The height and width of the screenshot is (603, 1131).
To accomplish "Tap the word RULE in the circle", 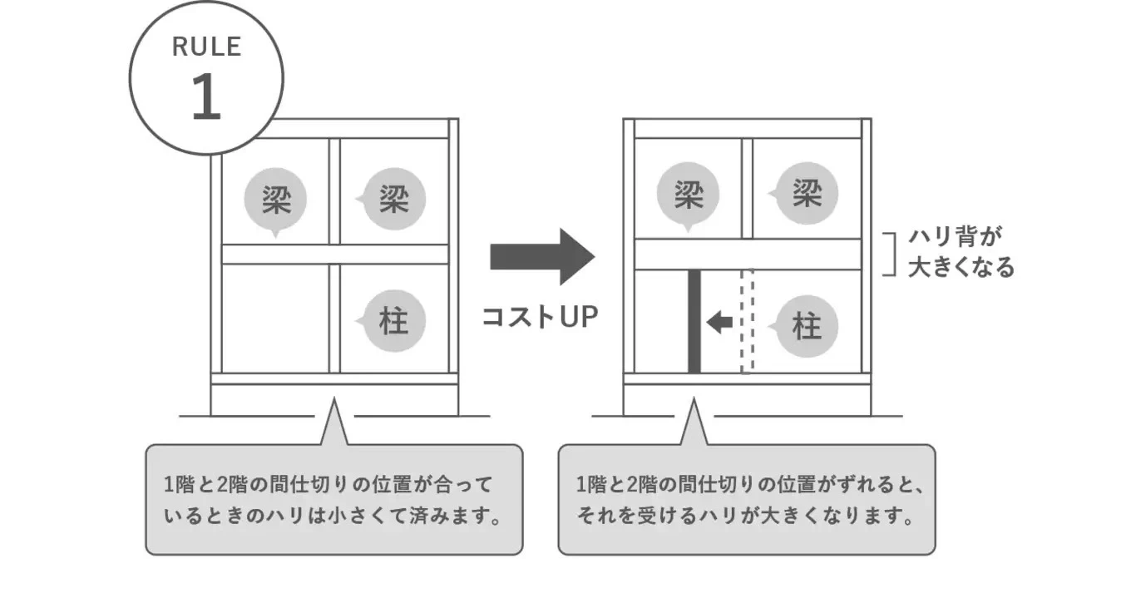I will click(x=206, y=47).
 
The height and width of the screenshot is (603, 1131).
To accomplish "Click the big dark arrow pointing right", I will click(x=541, y=256).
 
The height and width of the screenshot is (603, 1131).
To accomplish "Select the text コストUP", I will click(x=540, y=317).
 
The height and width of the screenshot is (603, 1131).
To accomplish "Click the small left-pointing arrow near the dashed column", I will click(x=719, y=322).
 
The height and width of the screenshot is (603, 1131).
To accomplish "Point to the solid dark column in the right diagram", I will click(x=694, y=321).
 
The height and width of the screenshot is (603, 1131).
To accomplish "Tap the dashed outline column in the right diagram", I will click(x=747, y=321).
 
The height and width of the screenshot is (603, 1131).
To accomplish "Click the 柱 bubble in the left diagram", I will click(x=393, y=321).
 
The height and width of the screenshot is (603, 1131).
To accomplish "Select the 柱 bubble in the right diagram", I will click(x=806, y=326).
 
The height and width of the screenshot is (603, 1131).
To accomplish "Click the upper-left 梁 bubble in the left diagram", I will click(x=275, y=200).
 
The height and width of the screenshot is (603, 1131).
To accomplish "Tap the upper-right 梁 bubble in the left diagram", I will click(x=393, y=200).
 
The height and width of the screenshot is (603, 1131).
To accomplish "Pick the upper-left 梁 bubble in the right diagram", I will click(x=688, y=196).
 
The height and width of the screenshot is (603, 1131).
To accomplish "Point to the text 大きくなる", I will click(x=961, y=267).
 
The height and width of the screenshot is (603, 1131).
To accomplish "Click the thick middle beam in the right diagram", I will click(x=747, y=255).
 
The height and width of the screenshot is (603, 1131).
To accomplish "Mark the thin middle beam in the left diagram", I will click(x=334, y=255).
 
